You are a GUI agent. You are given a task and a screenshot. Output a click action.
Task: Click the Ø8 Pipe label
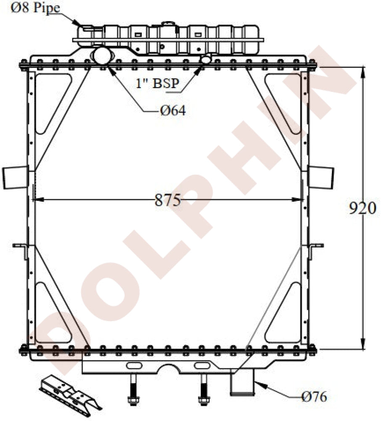[35, 7]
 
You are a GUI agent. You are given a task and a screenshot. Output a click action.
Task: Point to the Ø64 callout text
[173, 110]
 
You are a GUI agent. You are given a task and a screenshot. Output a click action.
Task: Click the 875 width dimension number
[168, 200]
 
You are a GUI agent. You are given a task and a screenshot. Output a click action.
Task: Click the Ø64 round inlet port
[102, 56]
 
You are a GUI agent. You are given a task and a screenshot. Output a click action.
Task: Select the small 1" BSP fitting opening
[206, 59]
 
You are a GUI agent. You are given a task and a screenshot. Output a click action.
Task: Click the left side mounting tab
[16, 177]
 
